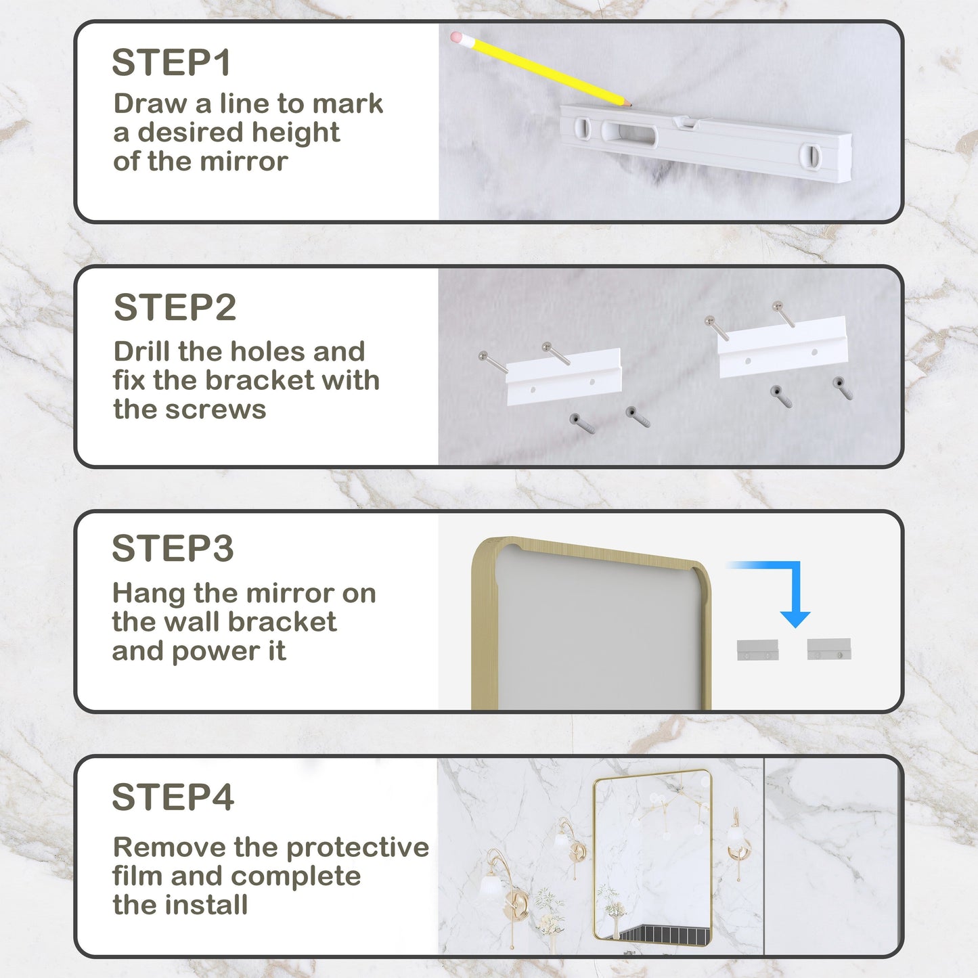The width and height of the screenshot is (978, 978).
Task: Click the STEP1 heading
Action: click(171, 63)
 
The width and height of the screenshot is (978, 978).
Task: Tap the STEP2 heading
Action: click(175, 308)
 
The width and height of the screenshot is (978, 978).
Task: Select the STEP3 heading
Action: click(173, 549)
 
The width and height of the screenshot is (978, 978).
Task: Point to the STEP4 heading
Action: click(173, 797)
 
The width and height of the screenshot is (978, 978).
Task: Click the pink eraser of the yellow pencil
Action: click(457, 37)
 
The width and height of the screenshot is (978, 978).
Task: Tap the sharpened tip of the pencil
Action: click(629, 105)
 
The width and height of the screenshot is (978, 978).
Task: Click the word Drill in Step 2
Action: click(142, 352)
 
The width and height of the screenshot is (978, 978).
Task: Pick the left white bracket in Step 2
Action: click(564, 377)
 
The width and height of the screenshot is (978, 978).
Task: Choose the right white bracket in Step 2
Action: click(782, 346)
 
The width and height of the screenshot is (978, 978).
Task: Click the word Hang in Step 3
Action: click(148, 594)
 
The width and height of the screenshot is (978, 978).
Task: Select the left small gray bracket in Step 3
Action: click(757, 650)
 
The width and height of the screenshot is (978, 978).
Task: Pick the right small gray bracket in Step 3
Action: click(829, 650)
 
